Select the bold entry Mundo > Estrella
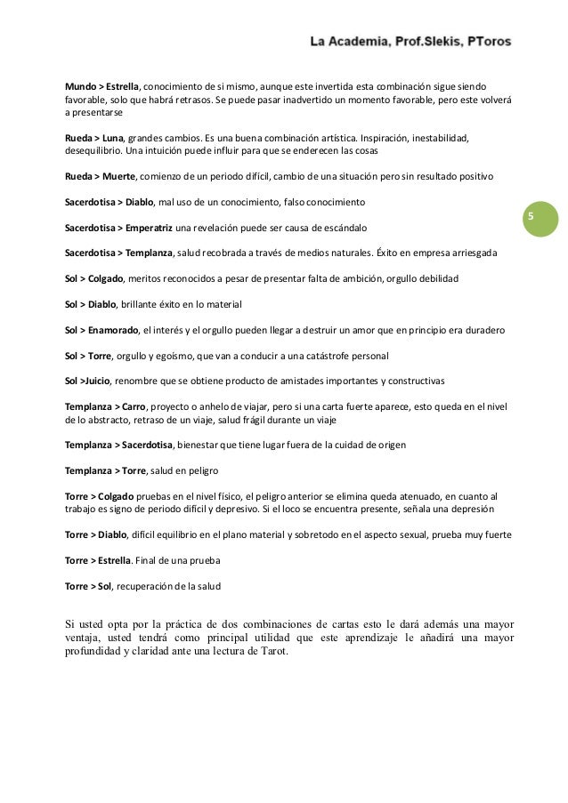(x=102, y=88)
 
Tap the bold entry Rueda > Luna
(x=93, y=140)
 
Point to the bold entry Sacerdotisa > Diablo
(x=109, y=203)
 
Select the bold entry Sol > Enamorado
(x=101, y=330)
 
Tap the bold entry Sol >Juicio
(x=87, y=381)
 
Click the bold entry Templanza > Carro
(x=105, y=406)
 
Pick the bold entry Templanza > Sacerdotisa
(x=120, y=444)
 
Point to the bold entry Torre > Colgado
(x=99, y=495)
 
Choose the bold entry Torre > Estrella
(x=98, y=561)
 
